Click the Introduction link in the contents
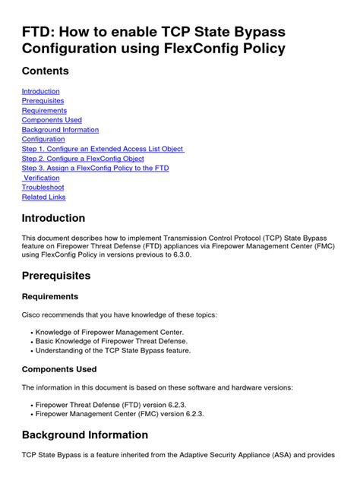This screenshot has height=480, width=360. tap(40, 91)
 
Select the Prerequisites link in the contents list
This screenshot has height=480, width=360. tap(43, 101)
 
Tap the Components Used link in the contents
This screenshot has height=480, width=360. tap(52, 120)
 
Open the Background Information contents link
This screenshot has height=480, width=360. tap(60, 130)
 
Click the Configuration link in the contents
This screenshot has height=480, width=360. tap(43, 140)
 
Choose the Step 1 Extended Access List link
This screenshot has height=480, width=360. tap(103, 149)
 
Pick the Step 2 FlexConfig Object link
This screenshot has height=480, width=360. tap(84, 159)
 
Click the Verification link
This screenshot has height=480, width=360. tap(43, 178)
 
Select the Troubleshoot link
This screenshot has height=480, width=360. tap(43, 188)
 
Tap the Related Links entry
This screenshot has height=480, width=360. tap(43, 197)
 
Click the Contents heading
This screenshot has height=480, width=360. tap(45, 71)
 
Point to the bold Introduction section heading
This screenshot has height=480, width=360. tap(53, 219)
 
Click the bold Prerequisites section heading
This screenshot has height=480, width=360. tap(56, 276)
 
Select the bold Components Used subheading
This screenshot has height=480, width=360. tap(58, 369)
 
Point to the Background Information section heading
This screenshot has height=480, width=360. tap(85, 435)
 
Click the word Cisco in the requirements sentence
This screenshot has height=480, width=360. tap(33, 314)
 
